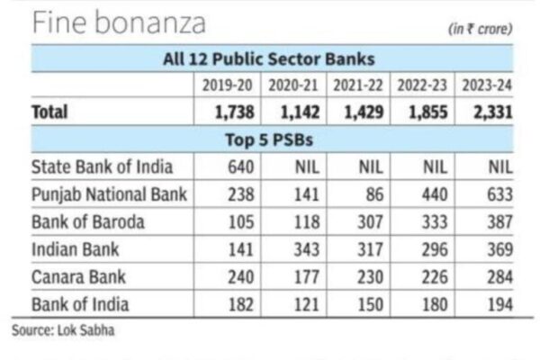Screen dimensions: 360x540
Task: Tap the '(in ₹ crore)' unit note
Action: tap(481, 29)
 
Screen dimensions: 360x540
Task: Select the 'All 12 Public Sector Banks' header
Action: tap(269, 59)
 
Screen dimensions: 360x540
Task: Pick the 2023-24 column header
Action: tap(487, 85)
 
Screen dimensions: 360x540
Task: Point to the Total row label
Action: tap(50, 112)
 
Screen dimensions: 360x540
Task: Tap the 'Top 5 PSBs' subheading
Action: tap(269, 139)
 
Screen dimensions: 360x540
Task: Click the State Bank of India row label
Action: tap(102, 166)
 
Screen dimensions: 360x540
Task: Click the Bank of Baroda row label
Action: tap(87, 221)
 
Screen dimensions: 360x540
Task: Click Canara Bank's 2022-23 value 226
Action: tap(433, 275)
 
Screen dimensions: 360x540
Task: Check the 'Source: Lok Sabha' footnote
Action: tap(64, 330)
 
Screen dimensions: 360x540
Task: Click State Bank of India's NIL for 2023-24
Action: tap(497, 166)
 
